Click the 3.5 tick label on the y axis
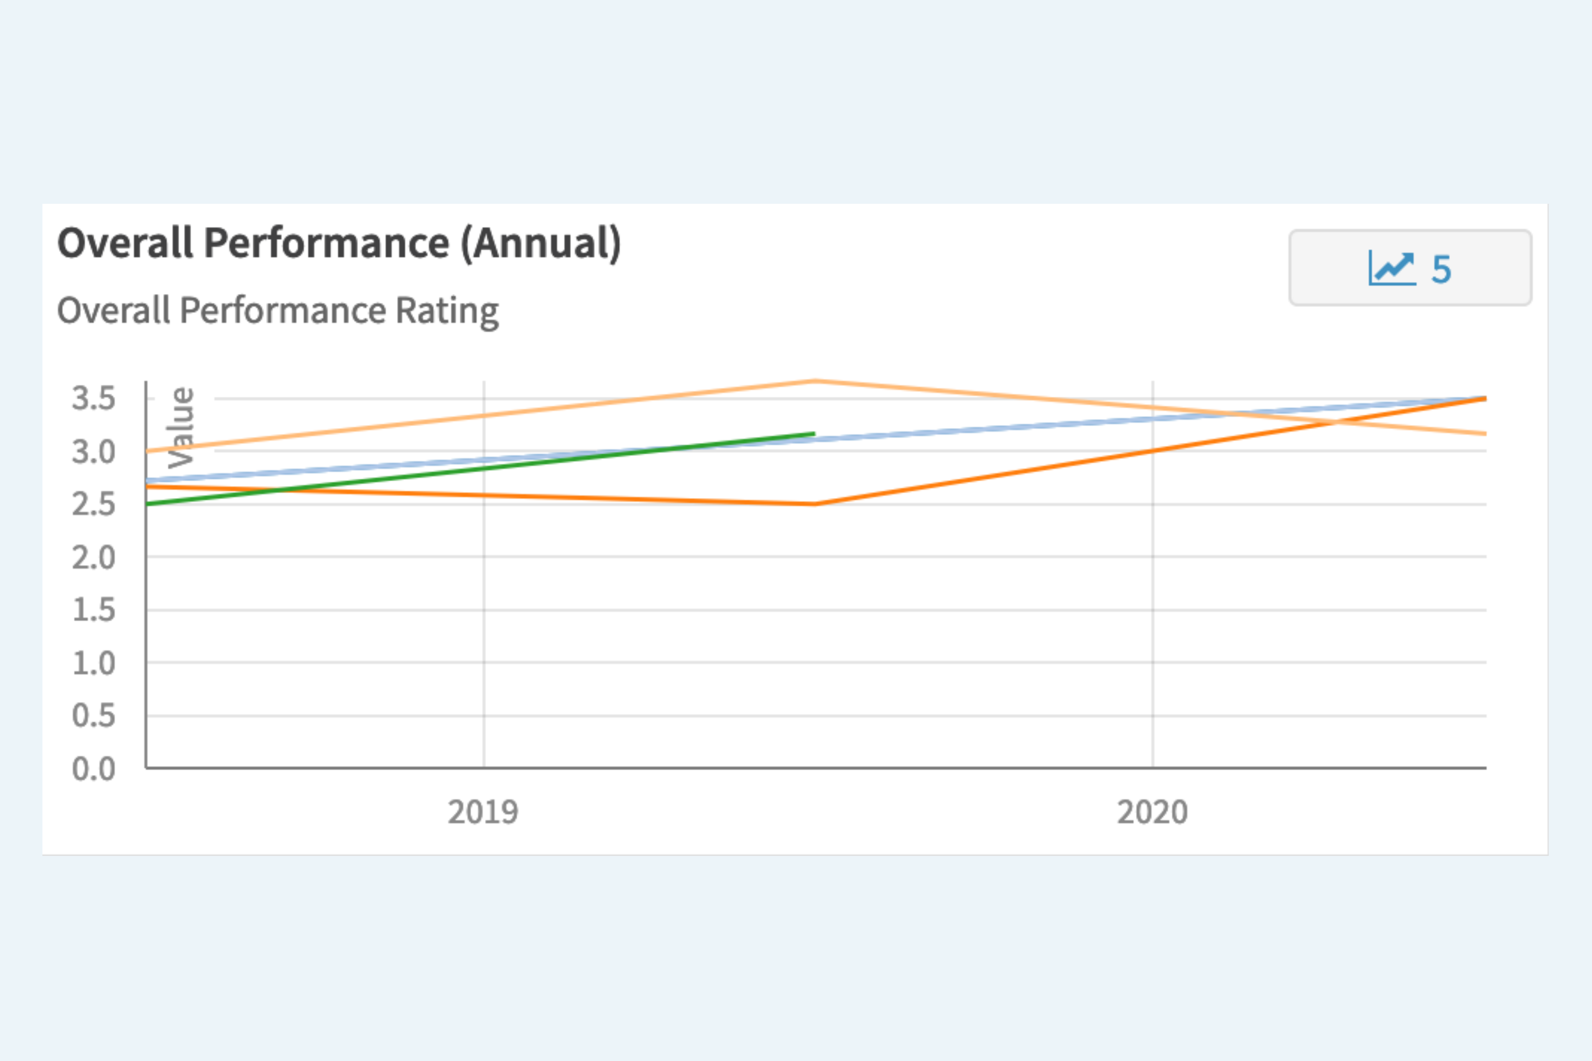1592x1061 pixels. click(x=93, y=398)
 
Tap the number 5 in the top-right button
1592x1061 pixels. click(x=1441, y=269)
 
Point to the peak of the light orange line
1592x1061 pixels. click(x=816, y=381)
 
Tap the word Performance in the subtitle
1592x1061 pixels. click(x=283, y=311)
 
